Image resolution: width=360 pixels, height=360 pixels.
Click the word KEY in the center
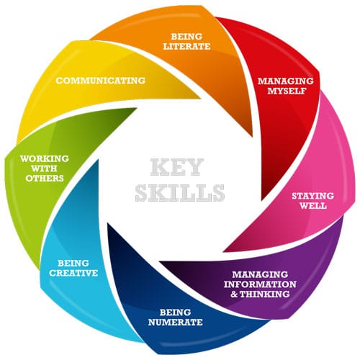pyautogui.click(x=177, y=167)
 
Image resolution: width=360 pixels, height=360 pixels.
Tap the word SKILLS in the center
pyautogui.click(x=180, y=193)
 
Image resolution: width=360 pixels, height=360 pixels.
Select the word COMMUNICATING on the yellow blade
pyautogui.click(x=101, y=81)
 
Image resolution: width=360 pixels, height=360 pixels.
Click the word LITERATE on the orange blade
pyautogui.click(x=186, y=46)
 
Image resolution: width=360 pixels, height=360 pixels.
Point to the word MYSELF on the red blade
pyautogui.click(x=287, y=91)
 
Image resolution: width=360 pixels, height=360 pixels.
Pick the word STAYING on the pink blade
pyautogui.click(x=312, y=196)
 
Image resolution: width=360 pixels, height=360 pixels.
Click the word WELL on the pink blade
pyautogui.click(x=313, y=206)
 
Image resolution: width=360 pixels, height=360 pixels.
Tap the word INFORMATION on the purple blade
pyautogui.click(x=260, y=284)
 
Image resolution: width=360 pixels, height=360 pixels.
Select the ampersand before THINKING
pyautogui.click(x=234, y=294)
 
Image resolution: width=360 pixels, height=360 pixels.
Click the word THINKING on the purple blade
pyautogui.click(x=264, y=294)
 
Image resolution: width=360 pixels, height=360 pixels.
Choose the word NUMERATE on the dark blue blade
pyautogui.click(x=176, y=322)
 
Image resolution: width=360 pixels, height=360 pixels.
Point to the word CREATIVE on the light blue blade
pyautogui.click(x=73, y=273)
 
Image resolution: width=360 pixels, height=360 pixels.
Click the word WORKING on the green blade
pyautogui.click(x=45, y=158)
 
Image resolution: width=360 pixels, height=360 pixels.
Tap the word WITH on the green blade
pyautogui.click(x=44, y=168)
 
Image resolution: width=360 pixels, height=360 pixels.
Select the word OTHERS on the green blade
pyautogui.click(x=45, y=179)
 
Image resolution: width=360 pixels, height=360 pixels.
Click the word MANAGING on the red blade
pyautogui.click(x=286, y=81)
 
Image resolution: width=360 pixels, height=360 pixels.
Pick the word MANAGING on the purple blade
pyautogui.click(x=260, y=274)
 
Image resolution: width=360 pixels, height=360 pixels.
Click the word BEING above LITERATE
pyautogui.click(x=186, y=37)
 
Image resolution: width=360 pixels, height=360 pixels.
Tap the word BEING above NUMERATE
pyautogui.click(x=175, y=312)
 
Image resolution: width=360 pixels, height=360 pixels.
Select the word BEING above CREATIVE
pyautogui.click(x=73, y=263)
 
